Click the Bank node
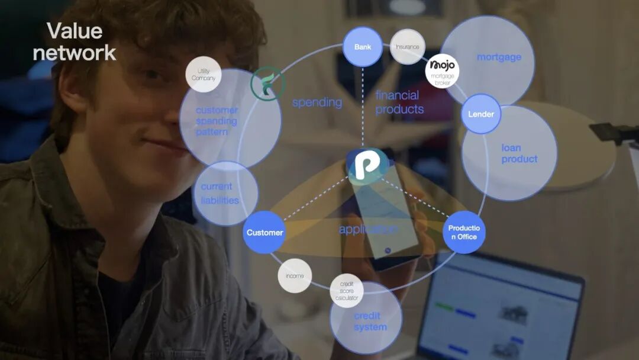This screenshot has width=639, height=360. pyautogui.click(x=363, y=47)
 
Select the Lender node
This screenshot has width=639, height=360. pyautogui.click(x=481, y=114)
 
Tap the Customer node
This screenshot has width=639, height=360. pyautogui.click(x=264, y=232)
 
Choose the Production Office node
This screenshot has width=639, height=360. pyautogui.click(x=464, y=232)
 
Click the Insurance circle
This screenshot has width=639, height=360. pyautogui.click(x=408, y=47)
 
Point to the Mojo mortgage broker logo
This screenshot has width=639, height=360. pyautogui.click(x=442, y=70)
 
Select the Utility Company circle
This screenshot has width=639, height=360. pyautogui.click(x=204, y=75)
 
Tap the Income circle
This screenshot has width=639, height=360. pyautogui.click(x=295, y=275)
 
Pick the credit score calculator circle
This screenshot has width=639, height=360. pyautogui.click(x=347, y=291)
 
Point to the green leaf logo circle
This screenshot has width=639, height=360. pyautogui.click(x=267, y=83)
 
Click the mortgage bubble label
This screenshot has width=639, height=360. pyautogui.click(x=499, y=57)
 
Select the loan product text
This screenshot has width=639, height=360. pyautogui.click(x=519, y=153)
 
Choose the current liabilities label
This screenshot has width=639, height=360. pyautogui.click(x=220, y=193)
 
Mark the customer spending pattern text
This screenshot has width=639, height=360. pyautogui.click(x=216, y=121)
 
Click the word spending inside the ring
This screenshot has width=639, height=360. pyautogui.click(x=317, y=102)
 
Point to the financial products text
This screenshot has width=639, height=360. pyautogui.click(x=399, y=102)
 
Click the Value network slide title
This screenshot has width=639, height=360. pyautogui.click(x=74, y=41)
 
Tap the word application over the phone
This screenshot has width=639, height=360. pyautogui.click(x=368, y=229)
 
